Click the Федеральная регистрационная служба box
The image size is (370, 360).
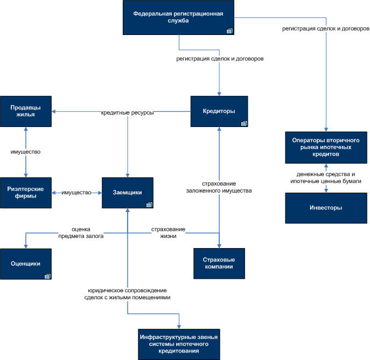point(178,17)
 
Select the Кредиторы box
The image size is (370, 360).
point(219,111)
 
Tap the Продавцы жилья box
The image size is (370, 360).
point(26,111)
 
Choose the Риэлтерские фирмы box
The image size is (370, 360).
point(26,193)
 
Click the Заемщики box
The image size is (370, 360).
point(128,193)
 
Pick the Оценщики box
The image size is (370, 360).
point(26,264)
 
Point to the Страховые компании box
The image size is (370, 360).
point(219,263)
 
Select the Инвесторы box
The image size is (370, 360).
point(326,208)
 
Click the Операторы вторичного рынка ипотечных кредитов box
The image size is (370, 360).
point(326,147)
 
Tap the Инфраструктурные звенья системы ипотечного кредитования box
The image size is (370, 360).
point(179,344)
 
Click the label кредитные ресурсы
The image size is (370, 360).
point(128,112)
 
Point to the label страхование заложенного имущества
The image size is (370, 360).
point(219,187)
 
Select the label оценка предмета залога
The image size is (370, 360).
point(81,232)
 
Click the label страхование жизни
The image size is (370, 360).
point(168,232)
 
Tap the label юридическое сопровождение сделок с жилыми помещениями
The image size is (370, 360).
point(128,294)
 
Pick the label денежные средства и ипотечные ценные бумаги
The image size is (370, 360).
point(326,178)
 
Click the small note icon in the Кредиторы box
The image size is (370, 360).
point(244,123)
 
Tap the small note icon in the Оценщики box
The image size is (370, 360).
point(48,276)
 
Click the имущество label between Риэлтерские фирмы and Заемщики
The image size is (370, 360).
point(76,193)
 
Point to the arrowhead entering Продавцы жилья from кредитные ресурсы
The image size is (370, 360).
point(53,111)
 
